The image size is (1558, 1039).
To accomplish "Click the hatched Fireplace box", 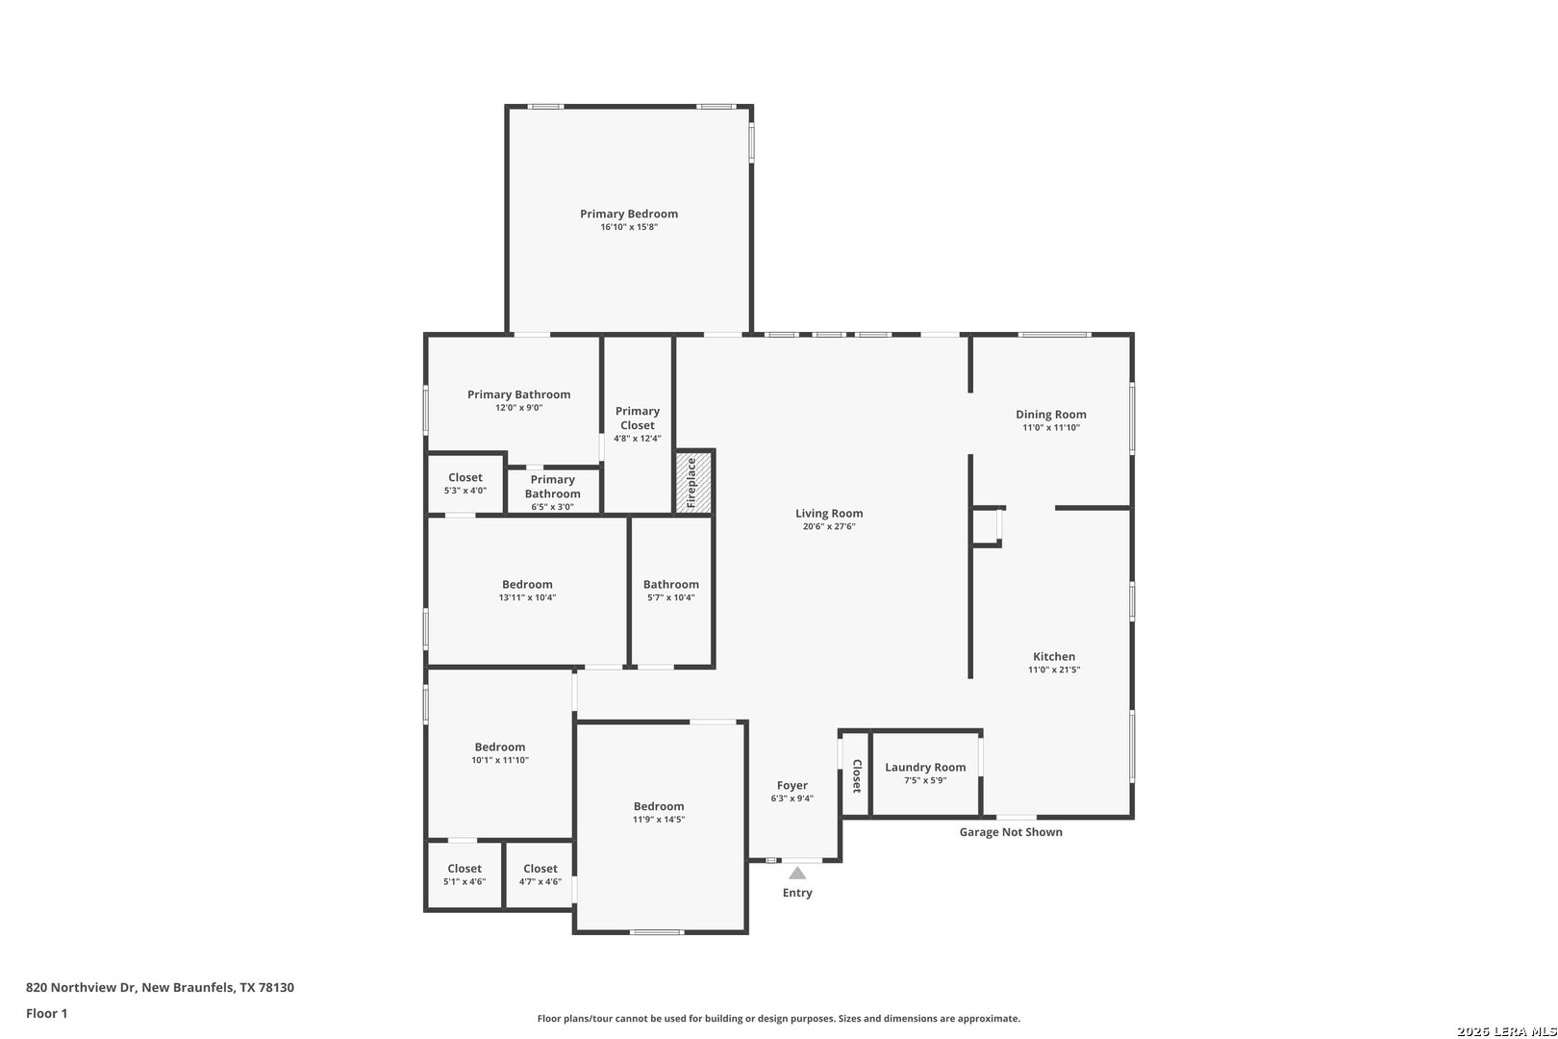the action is (694, 482).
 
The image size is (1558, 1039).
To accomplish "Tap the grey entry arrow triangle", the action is (797, 873).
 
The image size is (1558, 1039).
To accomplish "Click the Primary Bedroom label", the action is (629, 214).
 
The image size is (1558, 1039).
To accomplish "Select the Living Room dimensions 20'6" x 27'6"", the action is (829, 527).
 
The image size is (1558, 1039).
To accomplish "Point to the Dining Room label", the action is (1050, 414).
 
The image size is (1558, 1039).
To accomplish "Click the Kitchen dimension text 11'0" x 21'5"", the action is (1054, 670).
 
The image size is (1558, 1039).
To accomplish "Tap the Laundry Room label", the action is (925, 767).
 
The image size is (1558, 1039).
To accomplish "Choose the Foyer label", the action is (792, 785).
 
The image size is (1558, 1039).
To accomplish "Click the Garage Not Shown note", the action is (1011, 831).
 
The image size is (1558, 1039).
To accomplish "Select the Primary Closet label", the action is (637, 418).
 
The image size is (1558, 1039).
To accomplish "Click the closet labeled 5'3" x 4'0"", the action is (465, 484).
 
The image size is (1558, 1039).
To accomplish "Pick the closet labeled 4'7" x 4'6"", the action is (540, 874).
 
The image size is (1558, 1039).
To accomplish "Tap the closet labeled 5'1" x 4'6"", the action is (464, 874).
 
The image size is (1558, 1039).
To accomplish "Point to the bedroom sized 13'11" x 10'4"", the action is (527, 590).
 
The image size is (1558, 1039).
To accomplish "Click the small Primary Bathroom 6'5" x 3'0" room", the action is (553, 492).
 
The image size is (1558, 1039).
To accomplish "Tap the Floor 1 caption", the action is (46, 1013).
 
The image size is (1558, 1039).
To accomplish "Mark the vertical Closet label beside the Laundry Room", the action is (857, 775).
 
